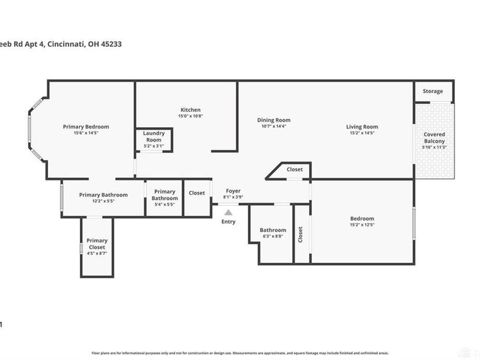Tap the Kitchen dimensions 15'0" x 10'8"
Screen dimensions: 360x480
pos(190,116)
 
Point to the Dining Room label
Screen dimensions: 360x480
pos(274,119)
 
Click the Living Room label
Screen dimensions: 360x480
pos(362,127)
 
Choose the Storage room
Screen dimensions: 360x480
pos(433,91)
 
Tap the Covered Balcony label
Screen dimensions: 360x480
pos(434,137)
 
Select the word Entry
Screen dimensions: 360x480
pos(229,221)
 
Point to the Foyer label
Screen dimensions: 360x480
pos(233,191)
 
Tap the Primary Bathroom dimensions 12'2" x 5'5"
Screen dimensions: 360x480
pos(103,202)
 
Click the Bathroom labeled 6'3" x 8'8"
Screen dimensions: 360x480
pos(272,233)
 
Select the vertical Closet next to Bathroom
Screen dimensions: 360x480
pos(301,234)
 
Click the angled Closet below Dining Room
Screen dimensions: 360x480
pos(294,170)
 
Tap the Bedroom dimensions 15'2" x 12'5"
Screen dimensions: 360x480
pos(362,226)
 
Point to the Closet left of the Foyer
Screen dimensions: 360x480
pos(196,193)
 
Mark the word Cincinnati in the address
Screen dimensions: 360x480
pos(64,44)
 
